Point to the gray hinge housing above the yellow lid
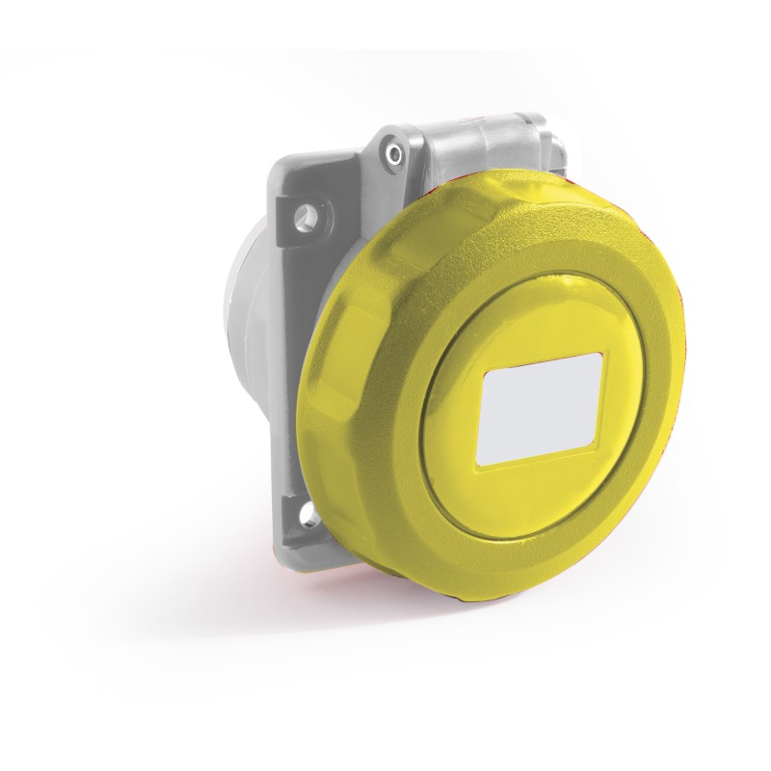(x=482, y=145)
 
